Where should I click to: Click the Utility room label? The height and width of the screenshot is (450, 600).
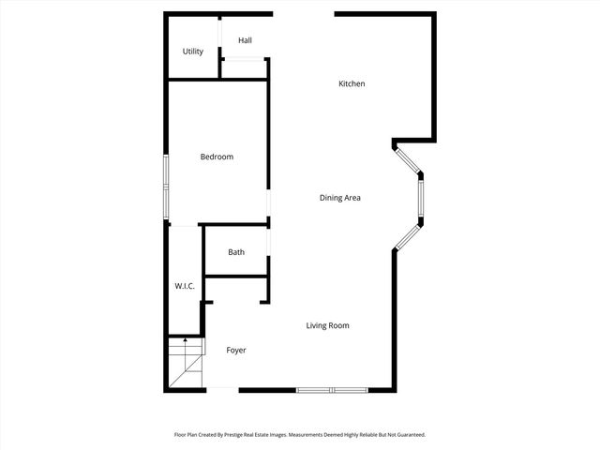coord(193,52)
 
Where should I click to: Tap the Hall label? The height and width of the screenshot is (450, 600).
coord(245,40)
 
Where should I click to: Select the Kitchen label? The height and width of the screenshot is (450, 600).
coord(352,84)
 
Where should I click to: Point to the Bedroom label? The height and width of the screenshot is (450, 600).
coord(217,157)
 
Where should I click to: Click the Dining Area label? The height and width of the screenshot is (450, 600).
coord(340,198)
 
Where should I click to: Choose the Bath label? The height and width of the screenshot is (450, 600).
coord(236,252)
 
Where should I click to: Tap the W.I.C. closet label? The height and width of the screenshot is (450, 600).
coord(185,286)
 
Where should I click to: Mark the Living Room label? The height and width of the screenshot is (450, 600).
coord(328,325)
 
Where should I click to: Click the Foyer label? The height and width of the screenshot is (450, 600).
coord(236,351)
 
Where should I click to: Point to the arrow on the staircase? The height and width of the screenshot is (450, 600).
coord(186,340)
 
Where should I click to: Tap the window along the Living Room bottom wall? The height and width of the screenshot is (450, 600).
coord(332,389)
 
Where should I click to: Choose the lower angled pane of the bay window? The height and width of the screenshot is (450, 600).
coord(408,236)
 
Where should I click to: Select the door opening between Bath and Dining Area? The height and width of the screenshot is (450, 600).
coord(269,252)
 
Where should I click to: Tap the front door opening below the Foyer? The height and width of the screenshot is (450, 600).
coord(221,389)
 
